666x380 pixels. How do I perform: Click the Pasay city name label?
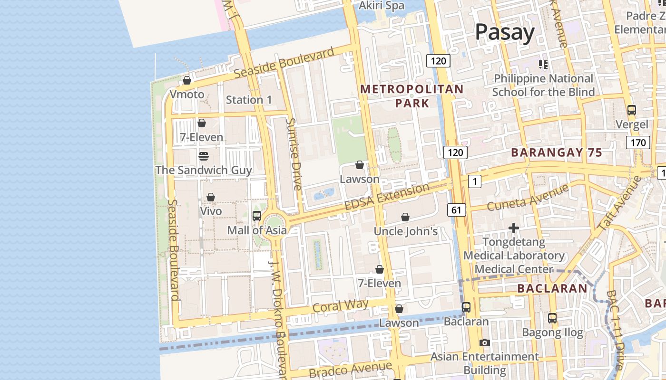(x=505, y=32)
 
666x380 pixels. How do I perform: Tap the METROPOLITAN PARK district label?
(x=412, y=96)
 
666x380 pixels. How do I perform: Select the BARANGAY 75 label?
(x=557, y=152)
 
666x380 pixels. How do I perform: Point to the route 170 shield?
(x=637, y=142)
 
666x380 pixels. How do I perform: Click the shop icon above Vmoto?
(x=187, y=81)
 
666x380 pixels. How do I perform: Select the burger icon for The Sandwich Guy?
(x=204, y=156)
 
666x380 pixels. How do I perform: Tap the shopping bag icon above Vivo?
(x=211, y=197)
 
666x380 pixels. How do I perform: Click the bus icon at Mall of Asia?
(x=257, y=216)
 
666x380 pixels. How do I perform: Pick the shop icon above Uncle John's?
(x=405, y=217)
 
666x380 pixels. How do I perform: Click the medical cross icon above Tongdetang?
(x=514, y=228)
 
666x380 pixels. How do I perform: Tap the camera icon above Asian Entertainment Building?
(x=485, y=342)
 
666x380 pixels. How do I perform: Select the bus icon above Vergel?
(x=632, y=110)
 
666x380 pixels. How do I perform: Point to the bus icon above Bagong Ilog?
(x=552, y=318)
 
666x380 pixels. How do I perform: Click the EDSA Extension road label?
(x=386, y=197)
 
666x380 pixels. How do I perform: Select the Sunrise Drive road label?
(x=294, y=154)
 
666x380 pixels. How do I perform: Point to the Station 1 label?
(x=249, y=100)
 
